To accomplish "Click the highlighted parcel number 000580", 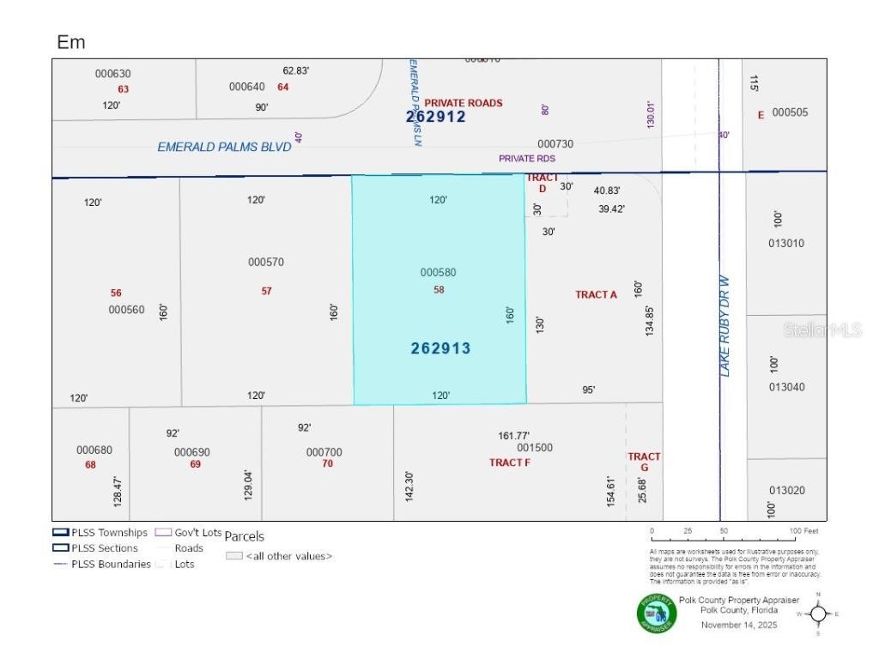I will pos(438,272).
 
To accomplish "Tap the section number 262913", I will pos(440,348).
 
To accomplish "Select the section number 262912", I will pos(436,117).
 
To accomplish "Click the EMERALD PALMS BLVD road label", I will pos(224,147).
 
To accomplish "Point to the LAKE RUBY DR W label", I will pos(724,326).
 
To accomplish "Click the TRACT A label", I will pos(596,294).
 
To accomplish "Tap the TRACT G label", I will pos(644,462).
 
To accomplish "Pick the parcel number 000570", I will pos(266,262).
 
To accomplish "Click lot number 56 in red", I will pos(116,293).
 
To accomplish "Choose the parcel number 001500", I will pos(535,448).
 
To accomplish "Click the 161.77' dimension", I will pos(514,435).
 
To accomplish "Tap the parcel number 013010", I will pos(786,243).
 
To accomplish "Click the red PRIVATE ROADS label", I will pos(464,103).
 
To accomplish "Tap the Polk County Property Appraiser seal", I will pos(656,614).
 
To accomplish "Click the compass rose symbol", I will pos(818,614).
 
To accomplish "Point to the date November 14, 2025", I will pos(738,625).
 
